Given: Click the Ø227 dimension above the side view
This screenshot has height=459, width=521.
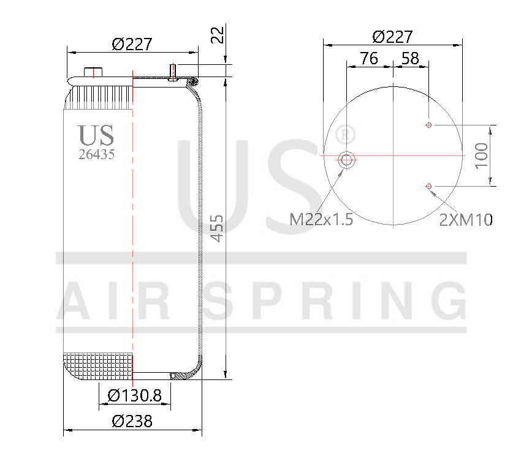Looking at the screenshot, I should (132, 44).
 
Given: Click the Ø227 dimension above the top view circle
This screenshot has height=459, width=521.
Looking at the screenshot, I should (392, 37).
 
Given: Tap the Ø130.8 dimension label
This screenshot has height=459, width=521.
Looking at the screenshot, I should (134, 396).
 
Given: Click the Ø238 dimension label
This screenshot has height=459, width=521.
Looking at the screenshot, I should (132, 422).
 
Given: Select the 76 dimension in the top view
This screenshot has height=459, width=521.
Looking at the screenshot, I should (368, 58).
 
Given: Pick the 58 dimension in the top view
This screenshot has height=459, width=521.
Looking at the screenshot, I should (410, 58).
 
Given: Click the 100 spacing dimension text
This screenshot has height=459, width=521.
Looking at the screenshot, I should (482, 155).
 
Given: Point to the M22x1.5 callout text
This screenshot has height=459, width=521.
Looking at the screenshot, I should (321, 219).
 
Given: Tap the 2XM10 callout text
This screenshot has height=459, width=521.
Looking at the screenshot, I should (466, 219).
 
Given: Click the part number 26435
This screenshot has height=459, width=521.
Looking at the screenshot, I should (96, 154).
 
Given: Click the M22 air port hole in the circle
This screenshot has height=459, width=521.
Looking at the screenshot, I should (347, 160).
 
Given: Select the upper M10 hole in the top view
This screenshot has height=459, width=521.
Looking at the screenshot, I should (428, 125).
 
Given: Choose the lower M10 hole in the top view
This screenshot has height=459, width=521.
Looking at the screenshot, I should (428, 186).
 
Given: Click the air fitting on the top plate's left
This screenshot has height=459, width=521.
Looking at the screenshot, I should (93, 72).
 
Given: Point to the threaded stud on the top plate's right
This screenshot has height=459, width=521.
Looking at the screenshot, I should (173, 72).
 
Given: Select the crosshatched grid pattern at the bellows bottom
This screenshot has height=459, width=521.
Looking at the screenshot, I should (98, 365).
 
